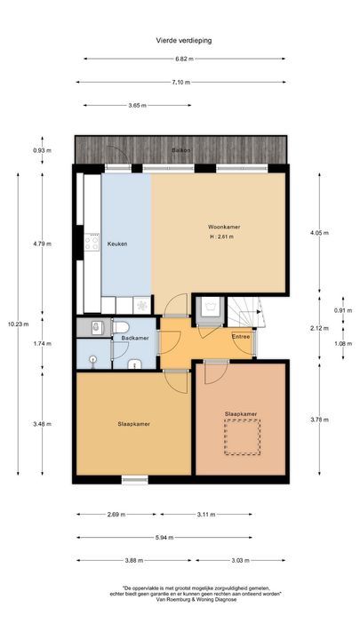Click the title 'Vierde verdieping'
click(180, 40)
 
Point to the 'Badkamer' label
click(134, 338)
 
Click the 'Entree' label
click(240, 337)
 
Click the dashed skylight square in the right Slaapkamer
click(241, 438)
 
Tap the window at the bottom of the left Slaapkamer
click(134, 480)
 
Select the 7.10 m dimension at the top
click(180, 82)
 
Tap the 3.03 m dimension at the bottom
click(240, 560)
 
